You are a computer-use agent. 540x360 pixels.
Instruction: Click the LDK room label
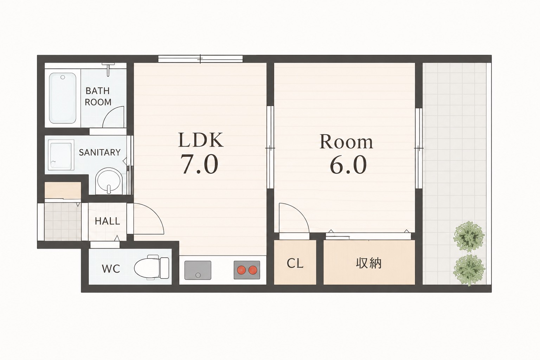(x=201, y=140)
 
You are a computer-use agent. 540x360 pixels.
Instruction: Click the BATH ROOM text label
(x=98, y=96)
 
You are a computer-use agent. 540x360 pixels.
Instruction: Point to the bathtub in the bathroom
(x=63, y=98)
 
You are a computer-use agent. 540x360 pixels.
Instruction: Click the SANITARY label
(x=99, y=152)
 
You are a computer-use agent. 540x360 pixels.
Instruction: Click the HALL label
(x=107, y=221)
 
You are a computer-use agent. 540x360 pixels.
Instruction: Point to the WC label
(x=111, y=269)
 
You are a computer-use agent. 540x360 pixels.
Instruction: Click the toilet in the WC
(x=152, y=268)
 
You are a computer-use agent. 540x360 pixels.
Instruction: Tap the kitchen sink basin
(x=198, y=270)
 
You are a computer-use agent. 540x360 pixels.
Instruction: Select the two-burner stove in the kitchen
(x=247, y=270)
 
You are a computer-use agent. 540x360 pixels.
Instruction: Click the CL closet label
(x=295, y=263)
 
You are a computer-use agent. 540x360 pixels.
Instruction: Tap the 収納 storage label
(x=368, y=263)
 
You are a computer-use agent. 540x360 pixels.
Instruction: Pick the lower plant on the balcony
(x=469, y=270)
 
